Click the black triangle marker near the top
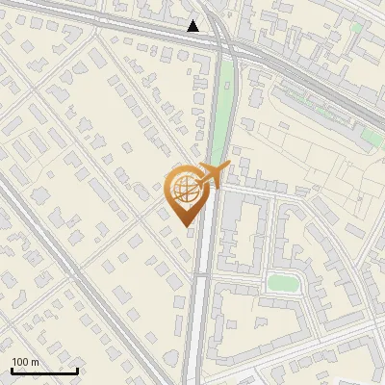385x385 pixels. click(193, 26)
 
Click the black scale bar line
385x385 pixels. click(44, 370)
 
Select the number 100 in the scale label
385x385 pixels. click(21, 362)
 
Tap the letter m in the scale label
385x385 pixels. click(35, 362)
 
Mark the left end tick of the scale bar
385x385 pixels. click(12, 368)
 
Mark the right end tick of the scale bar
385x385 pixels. click(77, 368)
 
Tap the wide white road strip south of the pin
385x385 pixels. click(200, 308)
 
